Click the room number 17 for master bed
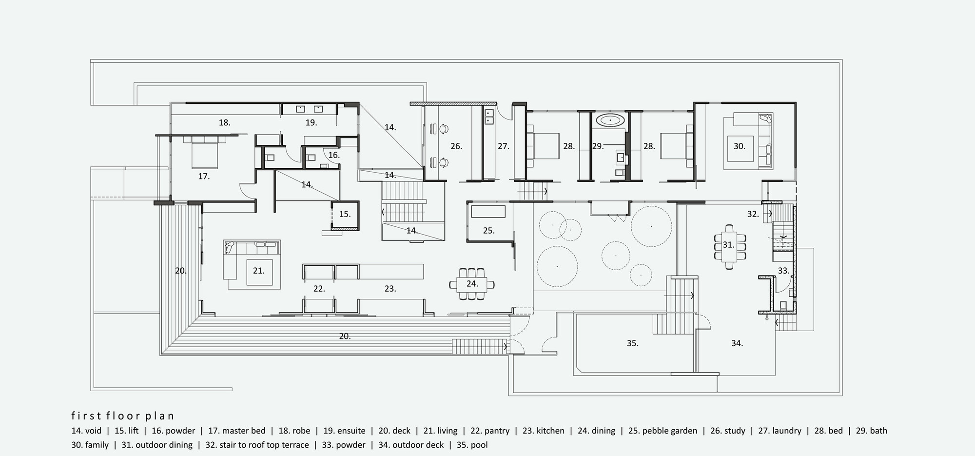[x=204, y=177]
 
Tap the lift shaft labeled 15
[x=345, y=214]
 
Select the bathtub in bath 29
[x=610, y=120]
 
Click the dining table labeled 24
[x=471, y=284]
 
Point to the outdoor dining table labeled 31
[x=728, y=245]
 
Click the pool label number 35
[x=632, y=343]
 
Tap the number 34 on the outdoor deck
[x=737, y=343]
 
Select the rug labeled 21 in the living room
[x=258, y=271]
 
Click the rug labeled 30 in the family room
[x=739, y=146]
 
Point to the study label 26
[x=456, y=146]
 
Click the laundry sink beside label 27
[x=488, y=116]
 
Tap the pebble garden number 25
[x=488, y=231]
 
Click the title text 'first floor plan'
[x=122, y=416]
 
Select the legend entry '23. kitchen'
[x=543, y=431]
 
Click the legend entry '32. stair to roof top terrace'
[x=257, y=445]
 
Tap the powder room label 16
[x=333, y=156]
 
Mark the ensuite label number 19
[x=311, y=123]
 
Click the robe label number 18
[x=224, y=123]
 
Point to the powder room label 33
[x=783, y=271]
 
